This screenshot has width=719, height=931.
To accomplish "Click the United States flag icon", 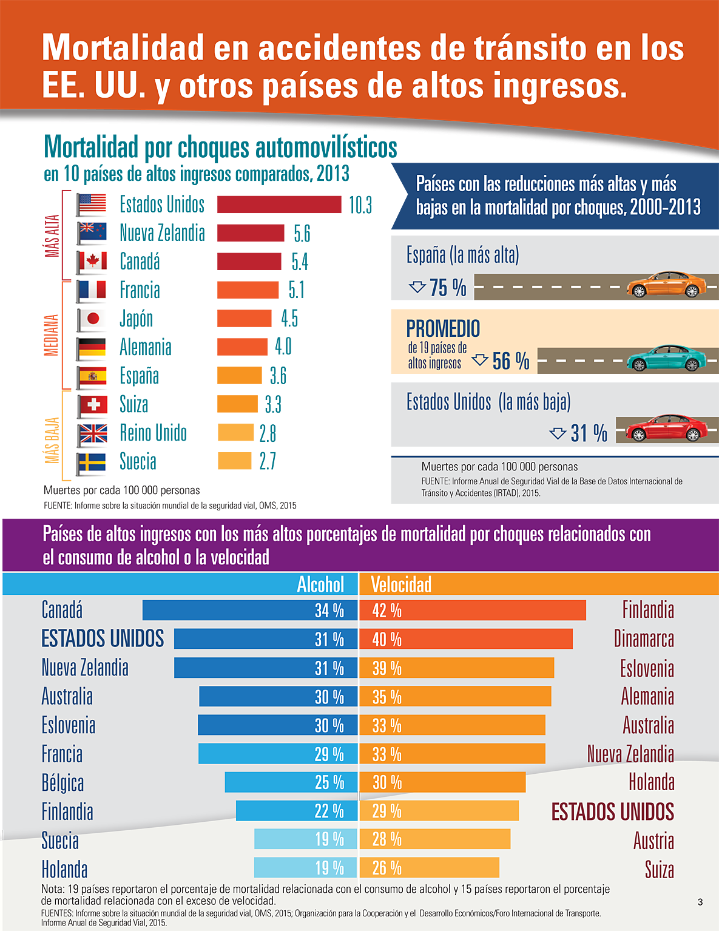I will [92, 205].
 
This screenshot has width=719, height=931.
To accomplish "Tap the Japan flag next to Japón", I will [92, 319].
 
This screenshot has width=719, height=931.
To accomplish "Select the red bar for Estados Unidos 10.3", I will [279, 205].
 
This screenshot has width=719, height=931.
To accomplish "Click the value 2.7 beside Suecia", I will [268, 461].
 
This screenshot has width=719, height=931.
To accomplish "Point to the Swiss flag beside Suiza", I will [92, 405].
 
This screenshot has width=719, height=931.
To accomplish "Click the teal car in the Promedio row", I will [665, 358].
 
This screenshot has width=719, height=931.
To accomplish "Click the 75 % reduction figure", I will [448, 287].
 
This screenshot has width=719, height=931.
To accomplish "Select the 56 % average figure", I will [510, 361].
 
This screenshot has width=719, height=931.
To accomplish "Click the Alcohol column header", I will [320, 584].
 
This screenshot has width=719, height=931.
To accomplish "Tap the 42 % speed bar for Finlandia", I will [472, 611].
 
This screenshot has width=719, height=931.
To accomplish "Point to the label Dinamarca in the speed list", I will [644, 639].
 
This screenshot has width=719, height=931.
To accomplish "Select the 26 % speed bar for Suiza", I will [429, 868].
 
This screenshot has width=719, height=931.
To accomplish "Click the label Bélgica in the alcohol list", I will [62, 783].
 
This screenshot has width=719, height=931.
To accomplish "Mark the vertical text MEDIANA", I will [52, 335].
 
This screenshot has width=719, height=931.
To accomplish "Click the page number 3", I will [700, 902].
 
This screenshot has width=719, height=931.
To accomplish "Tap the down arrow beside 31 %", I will [558, 433].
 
